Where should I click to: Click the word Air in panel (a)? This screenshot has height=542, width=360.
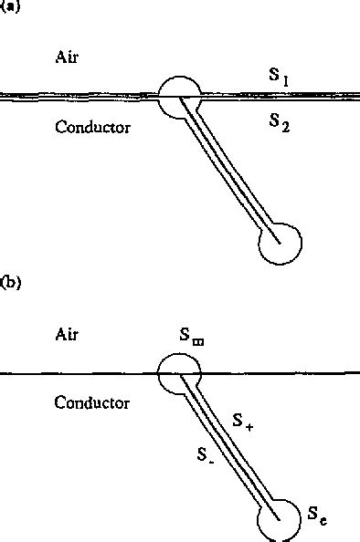click(x=68, y=59)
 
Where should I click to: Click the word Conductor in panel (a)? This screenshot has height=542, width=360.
click(x=91, y=127)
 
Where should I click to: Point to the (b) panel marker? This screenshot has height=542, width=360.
click(x=12, y=283)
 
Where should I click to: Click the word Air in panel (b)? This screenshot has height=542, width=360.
click(x=68, y=335)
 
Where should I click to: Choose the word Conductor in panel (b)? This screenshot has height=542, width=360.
click(x=91, y=401)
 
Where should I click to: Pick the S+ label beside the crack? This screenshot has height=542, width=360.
click(x=242, y=421)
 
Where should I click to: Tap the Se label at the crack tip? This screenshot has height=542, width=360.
click(x=316, y=517)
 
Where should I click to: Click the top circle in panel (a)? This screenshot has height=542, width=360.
click(x=179, y=93)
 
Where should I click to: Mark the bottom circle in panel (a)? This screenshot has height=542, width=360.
click(x=279, y=243)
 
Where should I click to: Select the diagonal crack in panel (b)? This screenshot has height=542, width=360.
click(x=228, y=446)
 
